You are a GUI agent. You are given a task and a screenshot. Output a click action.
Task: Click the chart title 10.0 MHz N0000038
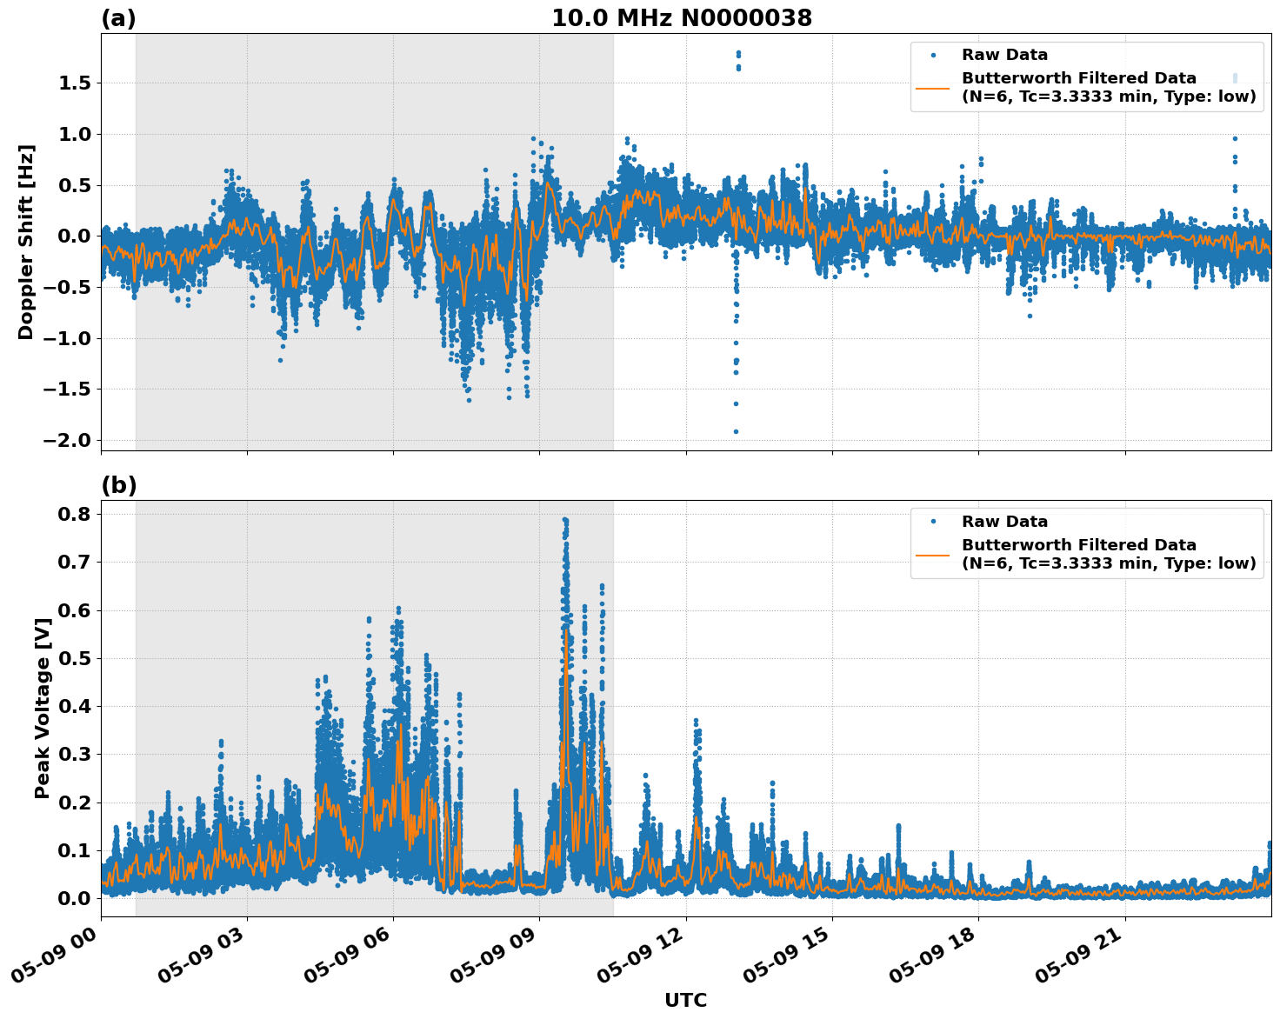pyautogui.click(x=682, y=18)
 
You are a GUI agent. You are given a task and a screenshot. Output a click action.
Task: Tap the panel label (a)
pyautogui.click(x=118, y=18)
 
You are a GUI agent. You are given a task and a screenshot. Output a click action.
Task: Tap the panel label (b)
pyautogui.click(x=118, y=485)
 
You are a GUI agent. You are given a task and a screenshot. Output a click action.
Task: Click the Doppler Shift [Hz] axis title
pyautogui.click(x=26, y=242)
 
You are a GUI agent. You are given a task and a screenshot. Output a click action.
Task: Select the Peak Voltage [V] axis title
pyautogui.click(x=42, y=708)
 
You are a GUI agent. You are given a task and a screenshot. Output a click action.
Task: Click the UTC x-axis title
pyautogui.click(x=685, y=1000)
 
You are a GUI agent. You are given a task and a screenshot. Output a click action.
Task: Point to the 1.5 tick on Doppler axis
pyautogui.click(x=76, y=83)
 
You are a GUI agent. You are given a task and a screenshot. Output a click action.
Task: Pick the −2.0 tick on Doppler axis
pyautogui.click(x=70, y=440)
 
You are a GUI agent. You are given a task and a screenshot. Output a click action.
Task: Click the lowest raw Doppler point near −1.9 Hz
pyautogui.click(x=736, y=431)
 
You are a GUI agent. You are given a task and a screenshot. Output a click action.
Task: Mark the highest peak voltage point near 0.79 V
pyautogui.click(x=565, y=520)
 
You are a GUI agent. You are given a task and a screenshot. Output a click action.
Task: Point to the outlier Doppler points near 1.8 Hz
pyautogui.click(x=738, y=55)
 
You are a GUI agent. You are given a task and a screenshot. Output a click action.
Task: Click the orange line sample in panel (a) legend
pyautogui.click(x=933, y=88)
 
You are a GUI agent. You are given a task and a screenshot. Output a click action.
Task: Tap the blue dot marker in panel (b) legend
pyautogui.click(x=933, y=522)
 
